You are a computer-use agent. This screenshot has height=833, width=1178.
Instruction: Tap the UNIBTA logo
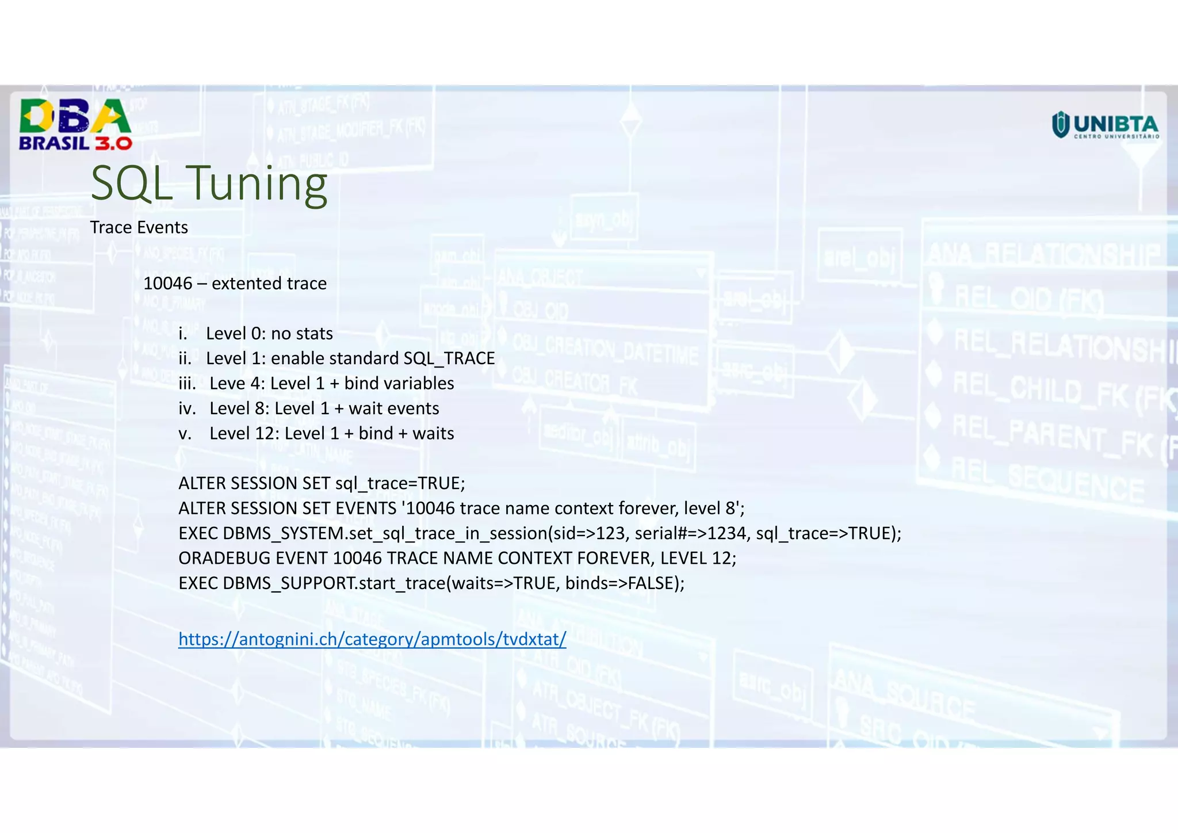[1105, 125]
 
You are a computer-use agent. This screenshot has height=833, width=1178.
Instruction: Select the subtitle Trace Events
[139, 228]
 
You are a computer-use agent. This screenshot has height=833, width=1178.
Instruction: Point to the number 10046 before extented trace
[167, 284]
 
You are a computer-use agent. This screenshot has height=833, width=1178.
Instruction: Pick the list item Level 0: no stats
[269, 334]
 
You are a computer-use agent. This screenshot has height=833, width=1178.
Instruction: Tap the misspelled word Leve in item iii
[227, 384]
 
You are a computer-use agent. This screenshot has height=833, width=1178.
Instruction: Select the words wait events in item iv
[393, 409]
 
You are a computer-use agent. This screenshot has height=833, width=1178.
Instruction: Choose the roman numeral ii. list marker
[185, 359]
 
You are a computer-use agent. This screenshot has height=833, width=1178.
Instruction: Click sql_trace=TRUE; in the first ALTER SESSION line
[400, 484]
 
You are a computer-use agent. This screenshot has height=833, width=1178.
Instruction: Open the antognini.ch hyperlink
[372, 639]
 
